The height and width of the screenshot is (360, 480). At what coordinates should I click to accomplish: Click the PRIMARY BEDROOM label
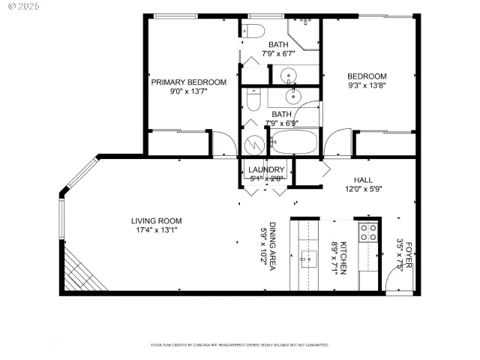[188, 82]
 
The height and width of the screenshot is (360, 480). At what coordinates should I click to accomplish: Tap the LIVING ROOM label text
[157, 220]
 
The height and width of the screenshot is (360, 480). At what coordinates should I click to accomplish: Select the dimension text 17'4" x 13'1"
[157, 230]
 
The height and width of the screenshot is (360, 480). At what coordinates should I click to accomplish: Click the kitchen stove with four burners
[367, 232]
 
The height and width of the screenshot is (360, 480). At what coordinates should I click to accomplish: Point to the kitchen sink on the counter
[309, 260]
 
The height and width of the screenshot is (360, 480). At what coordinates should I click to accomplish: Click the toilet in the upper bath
[253, 31]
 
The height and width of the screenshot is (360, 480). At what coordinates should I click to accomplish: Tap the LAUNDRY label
[266, 170]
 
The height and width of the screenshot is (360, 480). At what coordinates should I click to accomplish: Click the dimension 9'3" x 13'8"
[366, 86]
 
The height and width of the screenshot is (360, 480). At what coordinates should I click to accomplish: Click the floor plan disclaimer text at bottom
[239, 345]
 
